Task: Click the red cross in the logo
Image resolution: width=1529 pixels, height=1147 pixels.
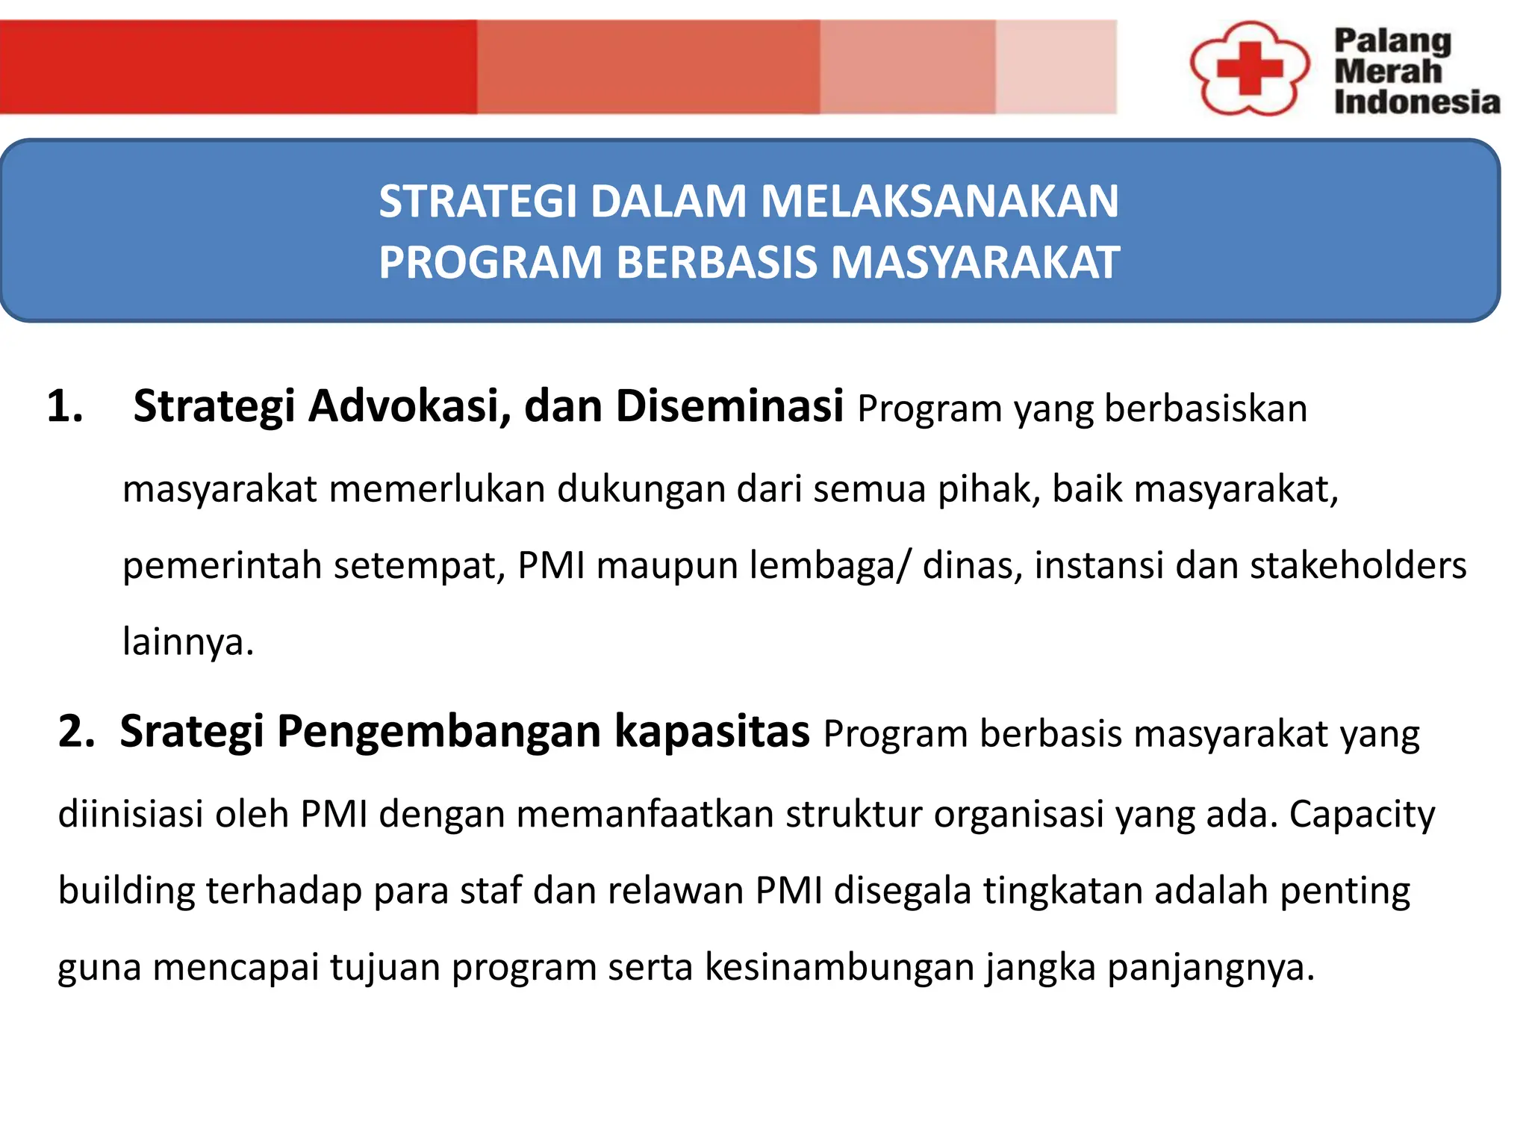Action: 1249,69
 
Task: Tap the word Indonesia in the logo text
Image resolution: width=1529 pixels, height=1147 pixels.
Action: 1416,102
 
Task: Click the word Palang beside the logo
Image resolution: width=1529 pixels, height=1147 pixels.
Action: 1392,42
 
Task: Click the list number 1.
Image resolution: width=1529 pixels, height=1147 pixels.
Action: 64,407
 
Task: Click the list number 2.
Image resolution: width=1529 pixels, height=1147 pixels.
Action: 76,731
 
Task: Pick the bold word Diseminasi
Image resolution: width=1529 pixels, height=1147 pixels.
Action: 729,407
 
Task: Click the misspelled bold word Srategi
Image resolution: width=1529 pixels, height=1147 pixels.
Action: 192,731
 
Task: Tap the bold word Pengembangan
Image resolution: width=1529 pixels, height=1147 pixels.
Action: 439,731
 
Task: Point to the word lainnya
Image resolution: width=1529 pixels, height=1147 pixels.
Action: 187,642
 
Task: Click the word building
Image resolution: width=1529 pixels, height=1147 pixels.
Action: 126,891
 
